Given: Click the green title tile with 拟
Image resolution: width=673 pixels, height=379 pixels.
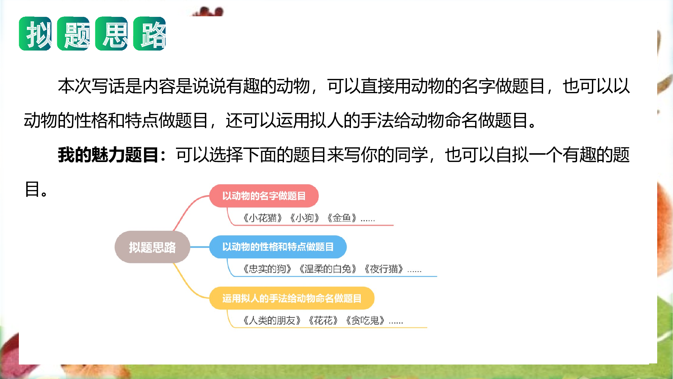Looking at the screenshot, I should pos(35,34).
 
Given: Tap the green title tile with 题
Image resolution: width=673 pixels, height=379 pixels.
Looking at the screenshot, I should pos(73,34).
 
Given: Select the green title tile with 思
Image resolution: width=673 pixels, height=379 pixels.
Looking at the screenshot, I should pos(111,34).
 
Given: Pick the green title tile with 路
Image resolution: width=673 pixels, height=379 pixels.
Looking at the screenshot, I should pos(149,34).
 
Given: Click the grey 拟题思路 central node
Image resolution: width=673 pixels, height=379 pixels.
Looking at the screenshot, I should pos(152,247).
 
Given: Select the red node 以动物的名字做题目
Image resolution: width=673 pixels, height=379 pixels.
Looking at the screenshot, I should pos(264,196).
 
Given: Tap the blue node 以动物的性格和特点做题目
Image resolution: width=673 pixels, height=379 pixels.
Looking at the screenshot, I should pos(278,247).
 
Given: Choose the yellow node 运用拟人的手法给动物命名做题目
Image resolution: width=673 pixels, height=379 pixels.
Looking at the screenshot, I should pos(292,298).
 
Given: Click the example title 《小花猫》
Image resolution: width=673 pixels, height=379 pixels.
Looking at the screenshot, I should pos(262,218).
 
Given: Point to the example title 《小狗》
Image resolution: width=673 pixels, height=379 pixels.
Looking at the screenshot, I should pos(305,218).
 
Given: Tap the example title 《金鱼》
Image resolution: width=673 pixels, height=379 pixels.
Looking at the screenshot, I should pos(342,218).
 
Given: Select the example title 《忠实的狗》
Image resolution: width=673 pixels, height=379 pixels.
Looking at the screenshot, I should pos(267,269).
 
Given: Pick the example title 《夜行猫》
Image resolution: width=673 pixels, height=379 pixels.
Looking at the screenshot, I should pos(384,269).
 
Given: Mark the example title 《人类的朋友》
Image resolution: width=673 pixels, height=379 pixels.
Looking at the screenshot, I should pos(272,320).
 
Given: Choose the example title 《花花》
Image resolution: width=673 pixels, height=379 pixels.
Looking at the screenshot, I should pos(323,320).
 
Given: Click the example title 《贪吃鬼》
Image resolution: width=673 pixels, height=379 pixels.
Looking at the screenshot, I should pos(365,320).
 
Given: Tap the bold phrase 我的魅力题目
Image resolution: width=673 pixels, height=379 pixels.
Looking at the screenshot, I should pos(108,155).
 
